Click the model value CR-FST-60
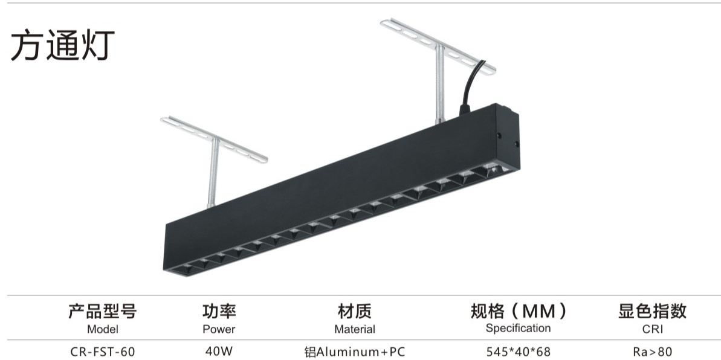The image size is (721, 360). [x=102, y=351]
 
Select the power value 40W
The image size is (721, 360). [x=218, y=350]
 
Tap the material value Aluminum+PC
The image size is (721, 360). [x=355, y=351]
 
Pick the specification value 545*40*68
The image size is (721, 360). [x=518, y=351]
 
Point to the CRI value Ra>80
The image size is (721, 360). [x=652, y=351]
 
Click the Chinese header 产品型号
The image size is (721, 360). [x=102, y=312]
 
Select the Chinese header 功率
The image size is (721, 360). [x=218, y=312]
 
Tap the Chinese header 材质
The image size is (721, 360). [x=354, y=312]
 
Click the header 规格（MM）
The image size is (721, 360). [x=518, y=312]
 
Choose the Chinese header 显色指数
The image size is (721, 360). [x=652, y=312]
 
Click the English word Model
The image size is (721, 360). [x=102, y=329]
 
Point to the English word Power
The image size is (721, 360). [x=218, y=329]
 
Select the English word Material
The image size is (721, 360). [x=354, y=329]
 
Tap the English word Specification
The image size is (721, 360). [x=518, y=328]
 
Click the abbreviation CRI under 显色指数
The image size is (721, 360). [x=652, y=329]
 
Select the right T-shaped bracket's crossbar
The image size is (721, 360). [x=438, y=46]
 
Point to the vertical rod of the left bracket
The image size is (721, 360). [x=212, y=175]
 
